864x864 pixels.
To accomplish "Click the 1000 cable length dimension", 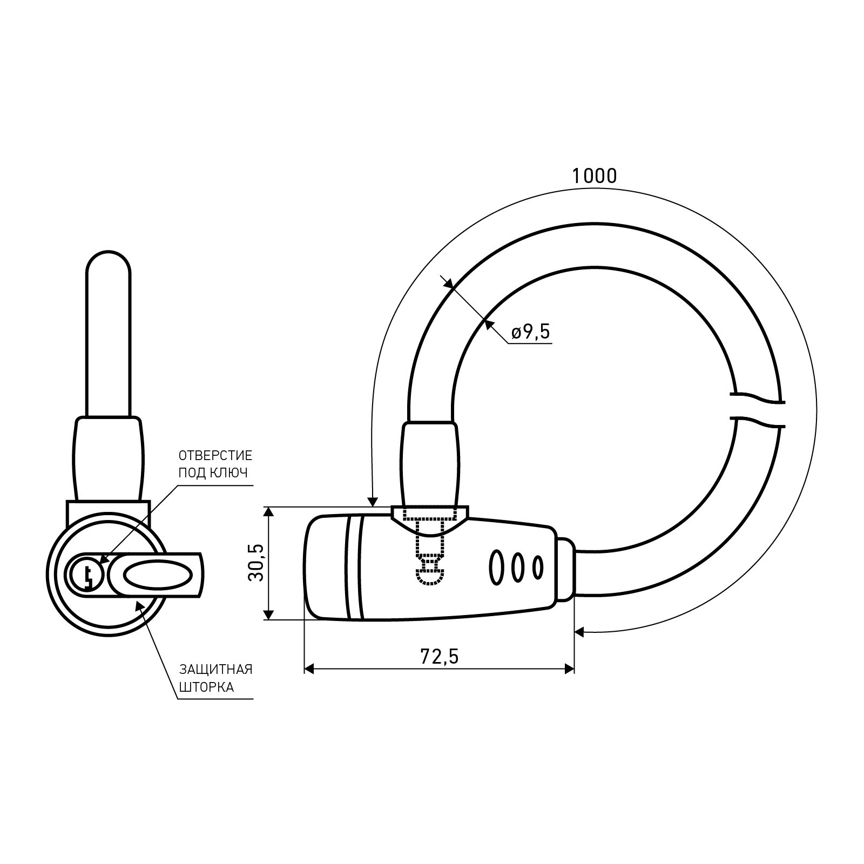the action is pos(594,175).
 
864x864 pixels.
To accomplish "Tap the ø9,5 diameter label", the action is pos(530,332).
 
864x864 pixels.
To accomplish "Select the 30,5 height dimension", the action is pos(256,563).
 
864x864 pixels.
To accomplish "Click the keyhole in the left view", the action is pos(87,574).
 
